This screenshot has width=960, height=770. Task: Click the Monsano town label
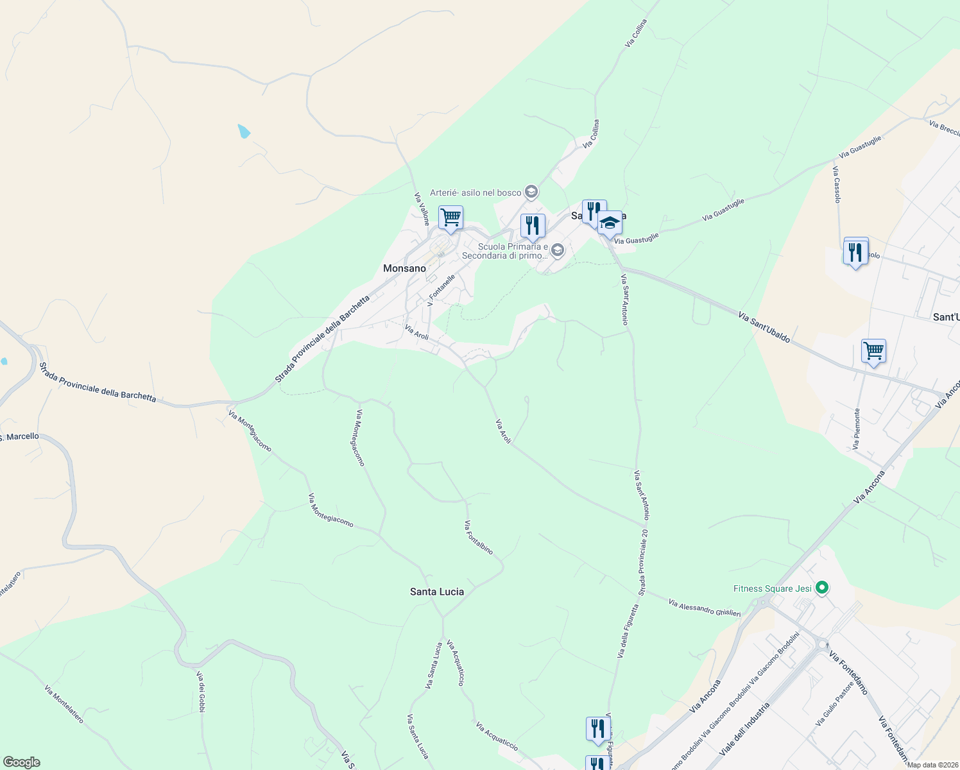[404, 268]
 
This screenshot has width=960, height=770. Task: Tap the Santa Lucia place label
[437, 592]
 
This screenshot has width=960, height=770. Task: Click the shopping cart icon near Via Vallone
[450, 218]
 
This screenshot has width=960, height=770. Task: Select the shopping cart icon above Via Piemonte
[873, 352]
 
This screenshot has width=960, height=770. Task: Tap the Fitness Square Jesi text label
[773, 588]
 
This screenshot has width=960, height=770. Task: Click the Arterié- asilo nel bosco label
[476, 193]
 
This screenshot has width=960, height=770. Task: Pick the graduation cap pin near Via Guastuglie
[610, 223]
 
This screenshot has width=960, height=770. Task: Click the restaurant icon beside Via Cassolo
[855, 252]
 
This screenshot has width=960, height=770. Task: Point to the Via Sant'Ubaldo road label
[764, 327]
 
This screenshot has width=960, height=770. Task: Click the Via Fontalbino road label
[479, 537]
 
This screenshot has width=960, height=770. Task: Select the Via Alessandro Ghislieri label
[704, 608]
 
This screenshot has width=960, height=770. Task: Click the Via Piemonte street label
[857, 429]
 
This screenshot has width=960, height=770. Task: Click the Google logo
[21, 762]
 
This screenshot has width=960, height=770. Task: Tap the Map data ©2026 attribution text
[932, 765]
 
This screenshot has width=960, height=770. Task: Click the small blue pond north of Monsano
[243, 132]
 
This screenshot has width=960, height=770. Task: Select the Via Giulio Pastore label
[834, 704]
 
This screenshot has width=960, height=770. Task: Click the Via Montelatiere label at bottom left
[64, 703]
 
